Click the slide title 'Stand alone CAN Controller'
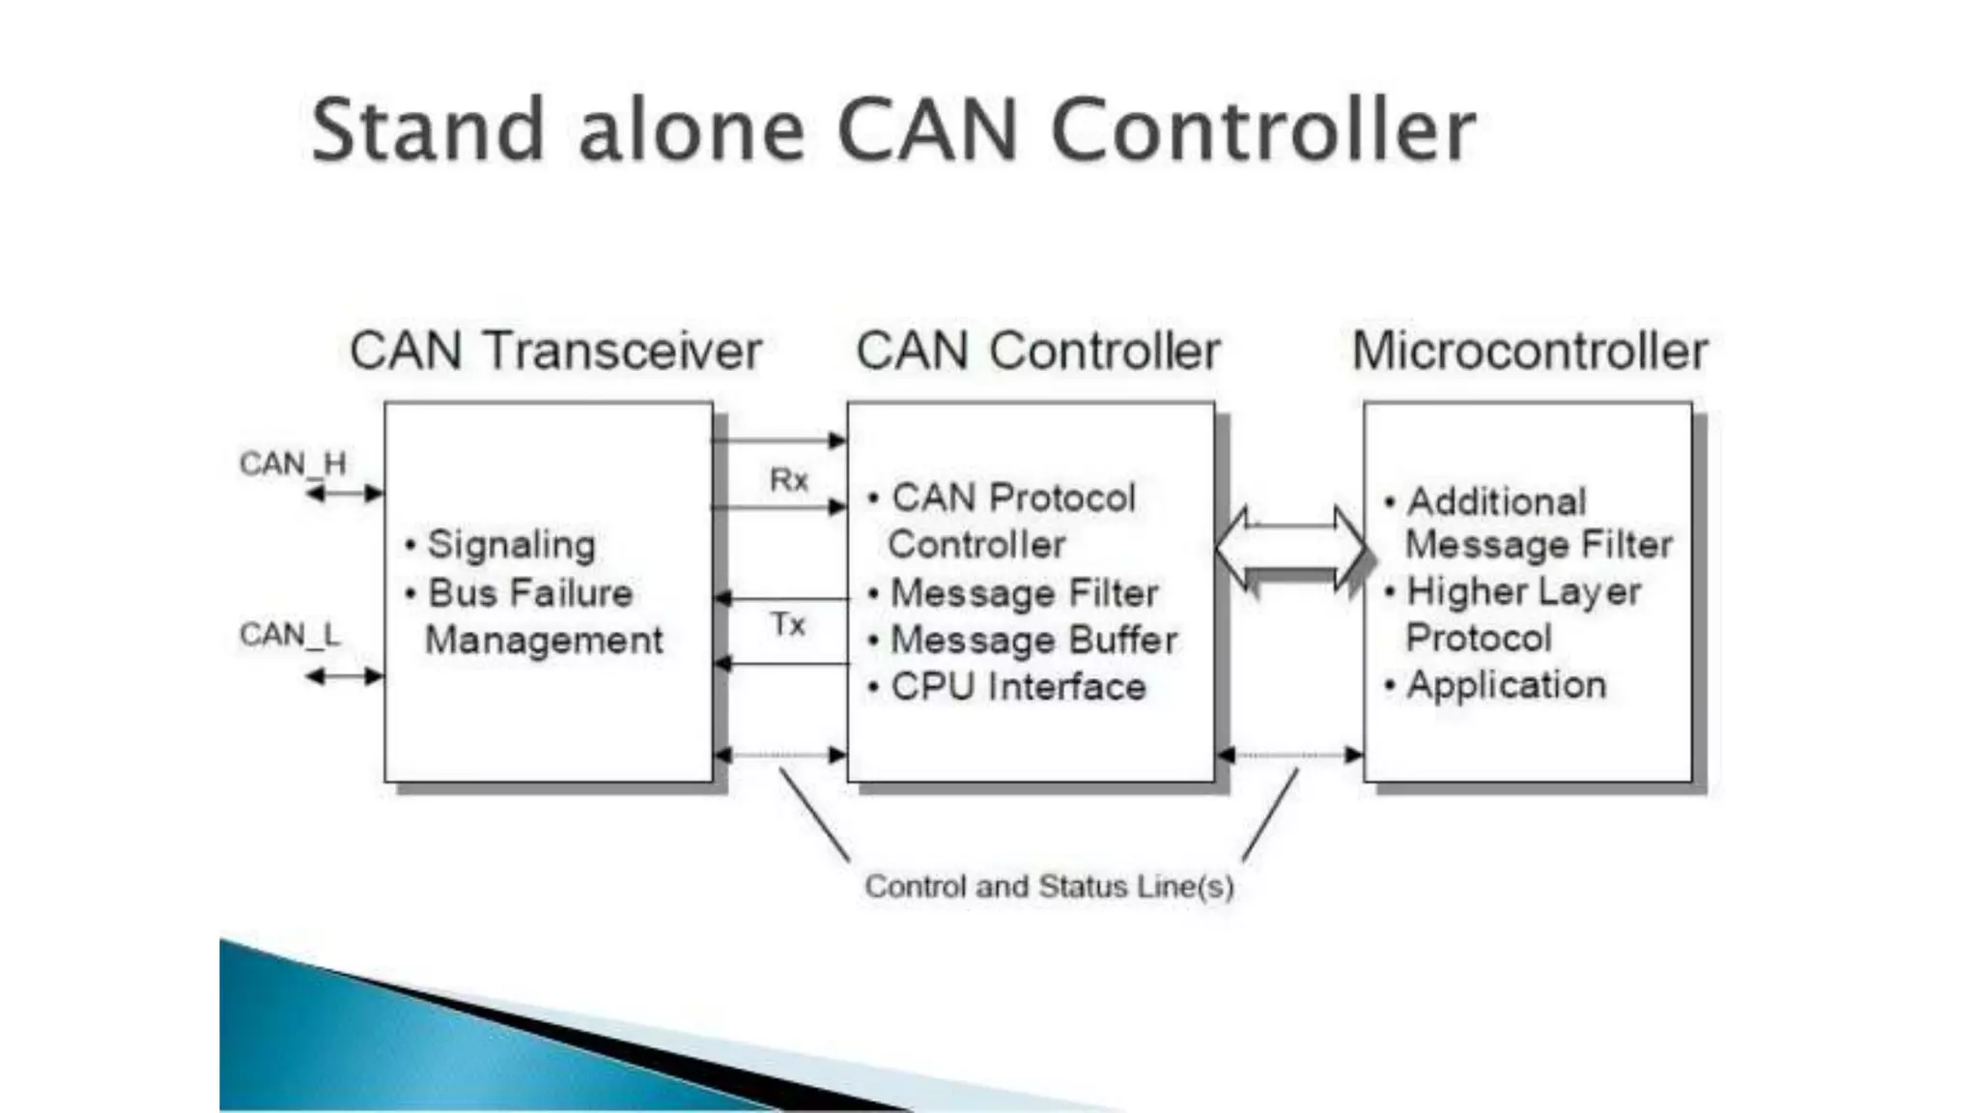[x=893, y=130]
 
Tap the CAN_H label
[x=292, y=465]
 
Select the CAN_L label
[x=289, y=635]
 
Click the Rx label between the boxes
[x=788, y=479]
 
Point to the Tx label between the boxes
[x=788, y=625]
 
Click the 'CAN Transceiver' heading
[x=555, y=351]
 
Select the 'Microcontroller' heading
[x=1530, y=351]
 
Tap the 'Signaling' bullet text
[x=511, y=545]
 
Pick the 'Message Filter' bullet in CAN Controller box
[x=1024, y=593]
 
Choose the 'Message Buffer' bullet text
[x=1033, y=641]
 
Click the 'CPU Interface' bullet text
[x=1018, y=687]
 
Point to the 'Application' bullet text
[x=1506, y=685]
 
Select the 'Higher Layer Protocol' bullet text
[x=1522, y=614]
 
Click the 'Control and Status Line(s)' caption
[x=1049, y=887]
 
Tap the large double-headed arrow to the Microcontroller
[x=1291, y=549]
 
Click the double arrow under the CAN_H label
[x=345, y=494]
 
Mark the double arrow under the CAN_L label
[x=345, y=676]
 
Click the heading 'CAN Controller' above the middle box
[x=1038, y=351]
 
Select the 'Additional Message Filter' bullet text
[x=1538, y=523]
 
